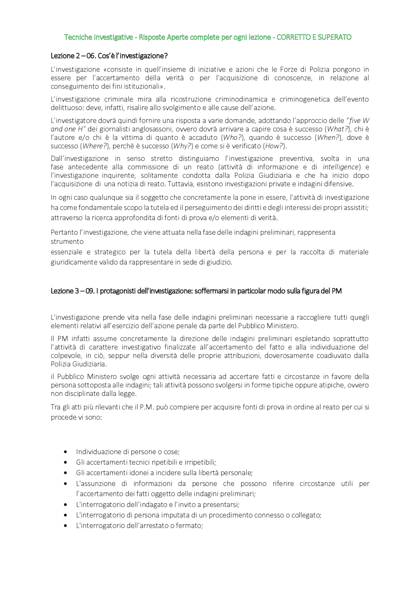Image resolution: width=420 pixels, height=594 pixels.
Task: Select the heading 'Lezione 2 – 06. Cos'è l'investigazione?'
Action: coord(109,56)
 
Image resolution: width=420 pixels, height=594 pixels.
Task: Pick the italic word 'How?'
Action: coord(274,146)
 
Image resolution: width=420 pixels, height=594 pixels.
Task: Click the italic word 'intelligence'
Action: coord(341,167)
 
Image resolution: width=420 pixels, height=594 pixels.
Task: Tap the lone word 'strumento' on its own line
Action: coord(67,242)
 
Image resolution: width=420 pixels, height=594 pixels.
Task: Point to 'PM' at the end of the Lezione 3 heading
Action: coord(337,291)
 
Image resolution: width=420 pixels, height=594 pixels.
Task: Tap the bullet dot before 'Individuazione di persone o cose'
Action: coord(66,452)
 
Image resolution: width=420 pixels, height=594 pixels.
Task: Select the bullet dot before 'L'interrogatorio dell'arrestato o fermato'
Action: coord(66,526)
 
